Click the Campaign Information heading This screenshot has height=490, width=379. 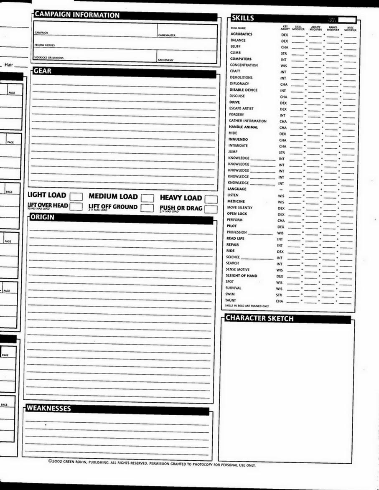point(77,15)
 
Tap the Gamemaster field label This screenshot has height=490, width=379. point(167,36)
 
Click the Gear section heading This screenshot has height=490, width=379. point(43,71)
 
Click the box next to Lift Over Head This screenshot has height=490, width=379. point(76,206)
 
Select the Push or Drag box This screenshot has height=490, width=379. point(211,209)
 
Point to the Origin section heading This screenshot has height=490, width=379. point(42,217)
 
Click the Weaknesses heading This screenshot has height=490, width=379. point(49,408)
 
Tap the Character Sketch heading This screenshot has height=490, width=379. point(259,318)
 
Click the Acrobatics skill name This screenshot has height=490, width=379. point(241,34)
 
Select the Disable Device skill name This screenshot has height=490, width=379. point(243,90)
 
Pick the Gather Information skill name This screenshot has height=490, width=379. point(247,121)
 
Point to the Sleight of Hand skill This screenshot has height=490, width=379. point(241,276)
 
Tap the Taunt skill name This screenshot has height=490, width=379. point(230,300)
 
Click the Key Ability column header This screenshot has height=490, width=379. point(285,28)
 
